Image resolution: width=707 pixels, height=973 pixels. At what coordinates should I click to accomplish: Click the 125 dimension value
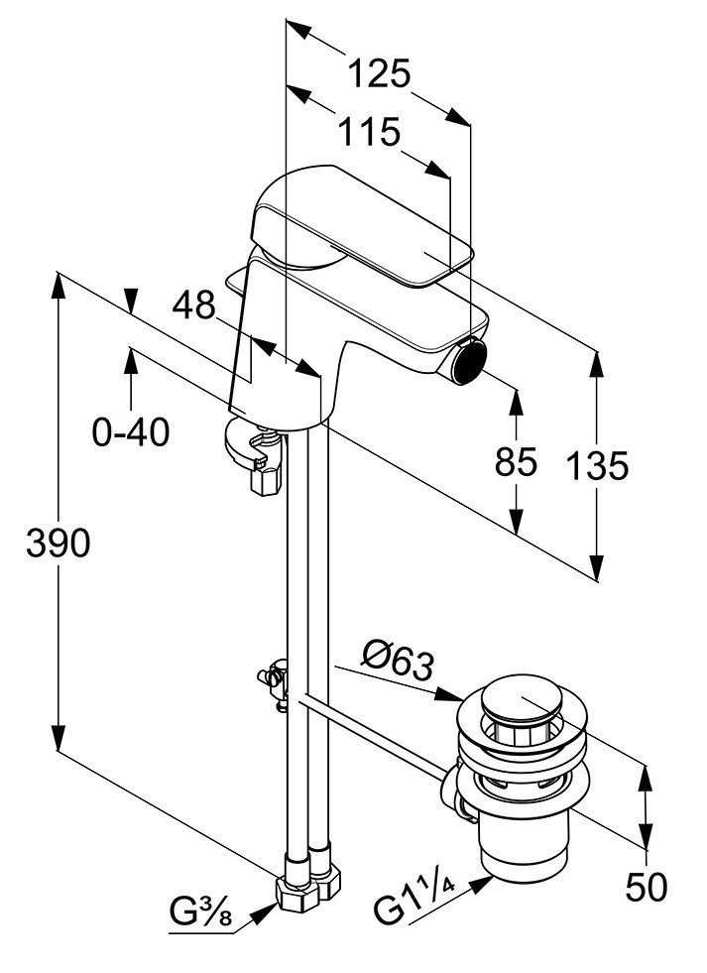(x=379, y=73)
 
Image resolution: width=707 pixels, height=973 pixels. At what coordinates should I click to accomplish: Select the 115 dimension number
(x=369, y=132)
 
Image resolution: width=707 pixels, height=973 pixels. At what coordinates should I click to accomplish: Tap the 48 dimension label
(x=193, y=305)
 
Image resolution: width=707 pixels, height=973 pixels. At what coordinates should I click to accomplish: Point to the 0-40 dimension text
(x=131, y=431)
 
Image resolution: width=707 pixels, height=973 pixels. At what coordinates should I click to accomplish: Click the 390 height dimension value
(x=59, y=544)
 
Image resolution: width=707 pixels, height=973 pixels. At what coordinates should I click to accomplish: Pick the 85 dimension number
(x=516, y=461)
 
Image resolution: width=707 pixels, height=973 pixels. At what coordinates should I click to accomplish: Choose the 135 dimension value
(x=598, y=465)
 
